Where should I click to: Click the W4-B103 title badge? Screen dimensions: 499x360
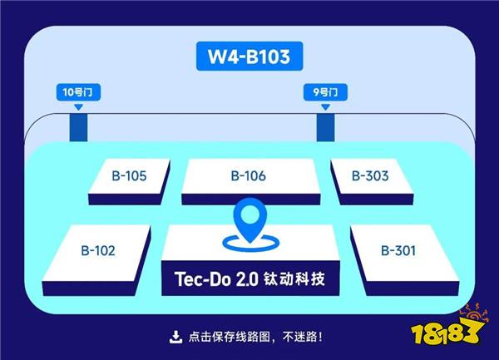click(249, 56)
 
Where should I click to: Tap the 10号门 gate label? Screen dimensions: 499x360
click(78, 92)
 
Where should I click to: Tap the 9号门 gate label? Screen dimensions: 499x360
click(325, 92)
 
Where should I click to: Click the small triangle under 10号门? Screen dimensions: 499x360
click(79, 107)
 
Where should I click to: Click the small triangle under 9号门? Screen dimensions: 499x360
click(325, 107)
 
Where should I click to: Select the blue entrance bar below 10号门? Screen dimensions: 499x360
click(79, 128)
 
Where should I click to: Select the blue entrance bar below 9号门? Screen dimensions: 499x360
click(325, 128)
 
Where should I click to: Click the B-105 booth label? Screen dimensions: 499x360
click(129, 176)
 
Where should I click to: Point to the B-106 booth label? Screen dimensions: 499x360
click(248, 176)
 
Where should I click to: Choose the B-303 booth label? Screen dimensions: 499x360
click(370, 176)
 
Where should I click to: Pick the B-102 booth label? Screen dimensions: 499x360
click(98, 250)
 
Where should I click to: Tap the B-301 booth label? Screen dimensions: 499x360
click(398, 250)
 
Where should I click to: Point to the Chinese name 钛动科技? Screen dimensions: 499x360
click(294, 279)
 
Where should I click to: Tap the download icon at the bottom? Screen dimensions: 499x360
click(175, 337)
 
